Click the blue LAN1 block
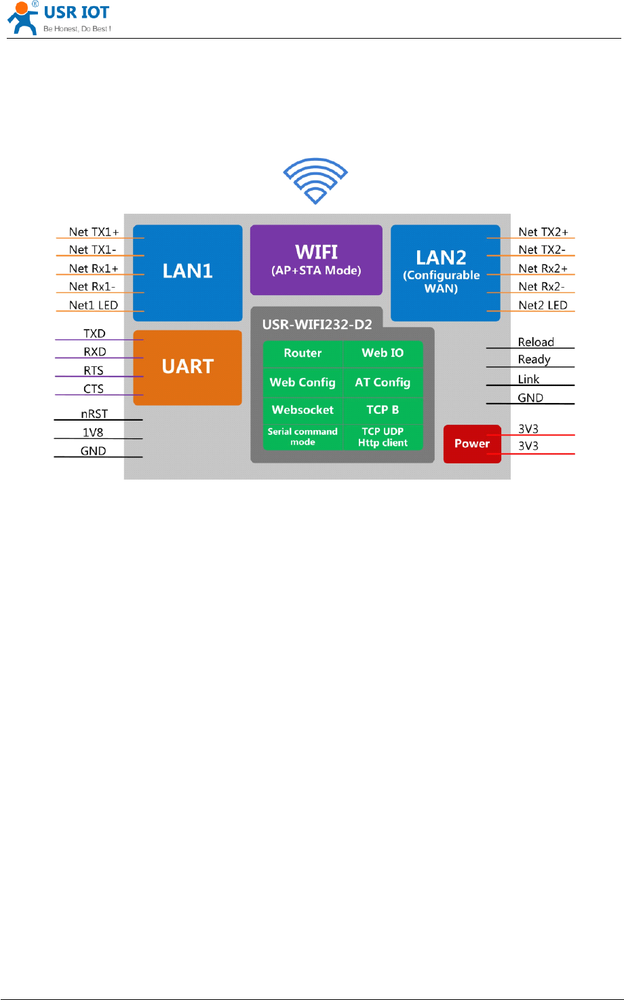188,272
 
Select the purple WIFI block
316,260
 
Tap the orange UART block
188,367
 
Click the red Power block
472,444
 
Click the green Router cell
303,353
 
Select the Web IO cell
383,353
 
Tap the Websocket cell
303,410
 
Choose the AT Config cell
383,382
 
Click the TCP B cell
383,410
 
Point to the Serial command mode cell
303,436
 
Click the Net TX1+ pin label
94,232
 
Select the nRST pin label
94,414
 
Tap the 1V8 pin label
93,432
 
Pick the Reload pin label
536,342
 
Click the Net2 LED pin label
543,305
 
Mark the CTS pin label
94,389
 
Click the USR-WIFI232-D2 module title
317,324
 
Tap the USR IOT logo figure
22,18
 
